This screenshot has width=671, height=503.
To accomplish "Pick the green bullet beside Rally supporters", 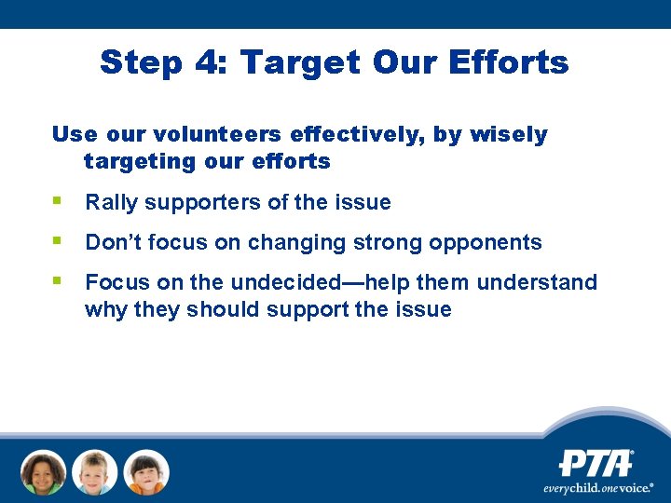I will [x=58, y=200].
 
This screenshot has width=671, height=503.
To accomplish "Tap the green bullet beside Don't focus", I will [x=58, y=240].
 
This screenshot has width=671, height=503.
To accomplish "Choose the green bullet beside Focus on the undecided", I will [x=58, y=280].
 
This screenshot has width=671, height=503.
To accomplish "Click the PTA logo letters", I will [x=596, y=463].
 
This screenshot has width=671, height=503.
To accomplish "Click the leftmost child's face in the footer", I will [x=44, y=472].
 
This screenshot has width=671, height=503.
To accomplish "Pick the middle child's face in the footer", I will [x=95, y=472].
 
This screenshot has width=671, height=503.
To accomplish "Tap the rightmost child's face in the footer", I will [x=146, y=472].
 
